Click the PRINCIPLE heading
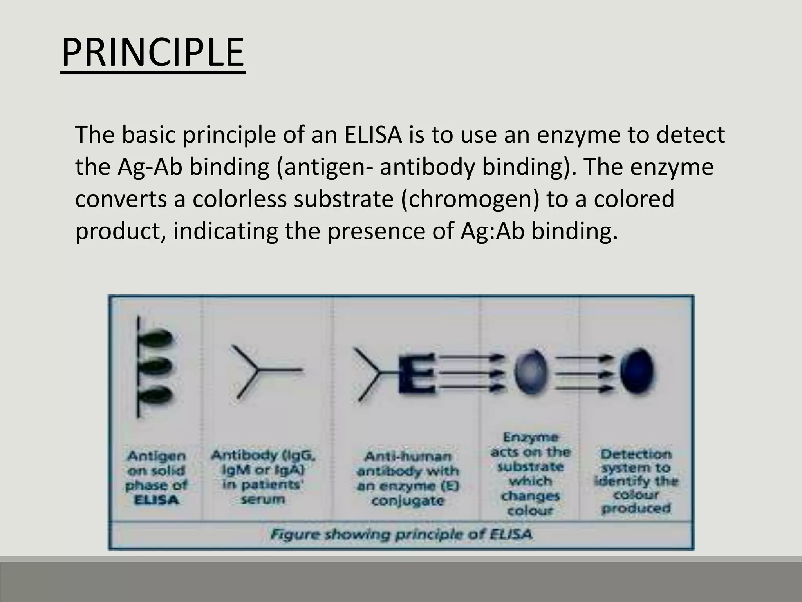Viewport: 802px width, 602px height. click(153, 53)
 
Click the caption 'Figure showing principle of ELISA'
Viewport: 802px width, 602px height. click(401, 535)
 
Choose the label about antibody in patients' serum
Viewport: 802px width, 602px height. click(263, 477)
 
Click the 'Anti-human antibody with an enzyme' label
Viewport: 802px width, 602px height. click(408, 479)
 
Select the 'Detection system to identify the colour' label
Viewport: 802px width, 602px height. click(636, 481)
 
